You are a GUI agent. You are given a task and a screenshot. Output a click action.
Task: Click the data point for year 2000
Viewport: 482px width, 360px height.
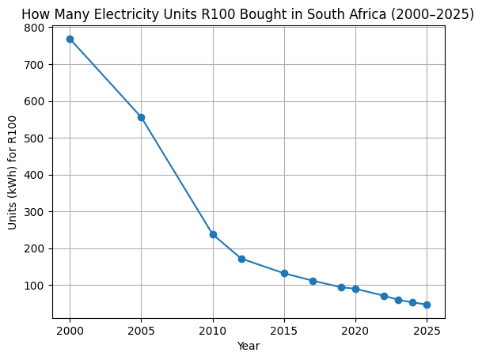coord(70,39)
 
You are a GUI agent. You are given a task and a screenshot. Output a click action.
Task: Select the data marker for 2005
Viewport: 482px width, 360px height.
coord(141,117)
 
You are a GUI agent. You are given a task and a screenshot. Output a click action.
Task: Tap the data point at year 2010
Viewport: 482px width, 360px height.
coord(213,234)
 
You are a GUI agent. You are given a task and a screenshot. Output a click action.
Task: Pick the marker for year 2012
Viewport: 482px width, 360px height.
coord(241,259)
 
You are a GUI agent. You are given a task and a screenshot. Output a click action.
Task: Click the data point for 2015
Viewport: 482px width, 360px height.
coord(284,273)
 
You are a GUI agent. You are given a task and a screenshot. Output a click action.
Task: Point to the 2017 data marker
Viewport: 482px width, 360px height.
coord(313,281)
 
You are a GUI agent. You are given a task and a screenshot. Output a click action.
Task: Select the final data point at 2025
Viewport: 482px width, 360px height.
coord(427,305)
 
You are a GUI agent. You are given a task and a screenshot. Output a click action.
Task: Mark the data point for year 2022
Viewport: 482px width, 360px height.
coord(384,296)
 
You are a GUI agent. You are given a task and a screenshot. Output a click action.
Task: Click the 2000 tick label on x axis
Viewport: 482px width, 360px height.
coord(70,330)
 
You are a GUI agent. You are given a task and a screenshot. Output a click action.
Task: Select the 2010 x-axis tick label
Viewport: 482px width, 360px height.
coord(213,330)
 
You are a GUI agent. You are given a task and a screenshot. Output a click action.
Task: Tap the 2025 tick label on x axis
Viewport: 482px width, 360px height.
coord(427,330)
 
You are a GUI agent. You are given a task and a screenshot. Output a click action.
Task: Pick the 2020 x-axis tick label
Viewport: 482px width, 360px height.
coord(355,330)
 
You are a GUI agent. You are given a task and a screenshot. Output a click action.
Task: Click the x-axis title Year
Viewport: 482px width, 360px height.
coord(249,346)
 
